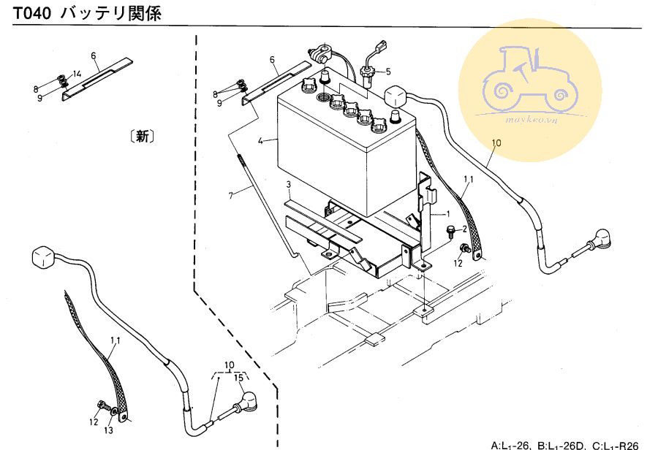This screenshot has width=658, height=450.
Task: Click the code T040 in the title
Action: pyautogui.click(x=31, y=14)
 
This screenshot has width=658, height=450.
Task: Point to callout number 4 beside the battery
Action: pyautogui.click(x=272, y=140)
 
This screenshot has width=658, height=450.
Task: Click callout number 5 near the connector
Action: pyautogui.click(x=388, y=72)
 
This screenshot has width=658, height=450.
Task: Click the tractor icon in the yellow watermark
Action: pyautogui.click(x=529, y=77)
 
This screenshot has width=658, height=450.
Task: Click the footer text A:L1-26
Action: pyautogui.click(x=513, y=443)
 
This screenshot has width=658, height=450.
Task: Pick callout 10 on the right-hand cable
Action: pyautogui.click(x=496, y=144)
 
